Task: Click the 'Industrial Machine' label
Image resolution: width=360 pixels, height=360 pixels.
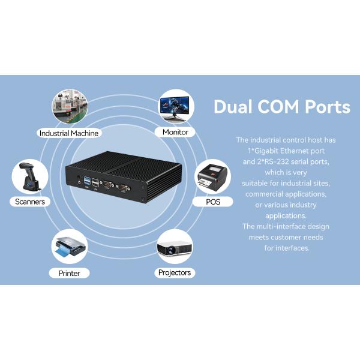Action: pyautogui.click(x=69, y=133)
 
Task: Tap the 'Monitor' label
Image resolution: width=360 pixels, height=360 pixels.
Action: pyautogui.click(x=175, y=132)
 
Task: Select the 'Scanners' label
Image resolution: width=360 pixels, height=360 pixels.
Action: pyautogui.click(x=30, y=202)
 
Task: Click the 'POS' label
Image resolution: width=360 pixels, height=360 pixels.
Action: pyautogui.click(x=213, y=202)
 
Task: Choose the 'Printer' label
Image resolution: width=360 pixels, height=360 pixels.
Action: pyautogui.click(x=69, y=273)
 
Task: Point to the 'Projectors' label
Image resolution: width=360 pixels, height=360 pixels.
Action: pyautogui.click(x=174, y=272)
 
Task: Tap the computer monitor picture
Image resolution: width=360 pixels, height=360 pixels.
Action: pyautogui.click(x=176, y=106)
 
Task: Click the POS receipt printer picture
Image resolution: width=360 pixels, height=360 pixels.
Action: pyautogui.click(x=212, y=176)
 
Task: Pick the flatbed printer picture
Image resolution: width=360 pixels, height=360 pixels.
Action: pyautogui.click(x=70, y=247)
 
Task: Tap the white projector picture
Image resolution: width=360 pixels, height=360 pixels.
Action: pyautogui.click(x=174, y=247)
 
